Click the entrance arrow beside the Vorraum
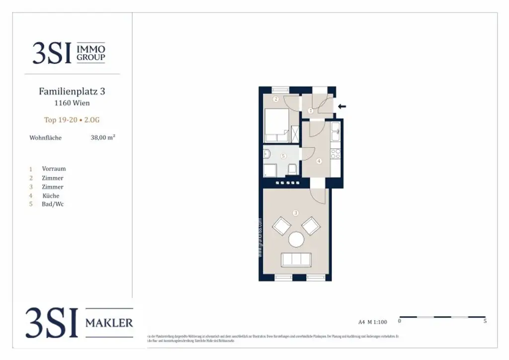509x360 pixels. [341, 106]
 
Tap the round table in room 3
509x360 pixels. [297, 240]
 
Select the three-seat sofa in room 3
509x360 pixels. [296, 260]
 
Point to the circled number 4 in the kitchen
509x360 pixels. [319, 161]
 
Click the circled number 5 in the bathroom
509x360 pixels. [283, 156]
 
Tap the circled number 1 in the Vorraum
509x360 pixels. [311, 110]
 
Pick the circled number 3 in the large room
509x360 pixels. [296, 213]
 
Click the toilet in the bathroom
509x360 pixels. [292, 169]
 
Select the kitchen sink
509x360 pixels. [336, 131]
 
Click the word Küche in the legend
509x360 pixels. [51, 195]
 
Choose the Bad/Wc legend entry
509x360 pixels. [53, 204]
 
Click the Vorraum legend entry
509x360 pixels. [54, 169]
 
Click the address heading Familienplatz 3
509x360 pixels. [72, 91]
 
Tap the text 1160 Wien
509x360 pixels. [72, 103]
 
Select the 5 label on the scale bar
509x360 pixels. [485, 321]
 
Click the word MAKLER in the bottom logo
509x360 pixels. [109, 323]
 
